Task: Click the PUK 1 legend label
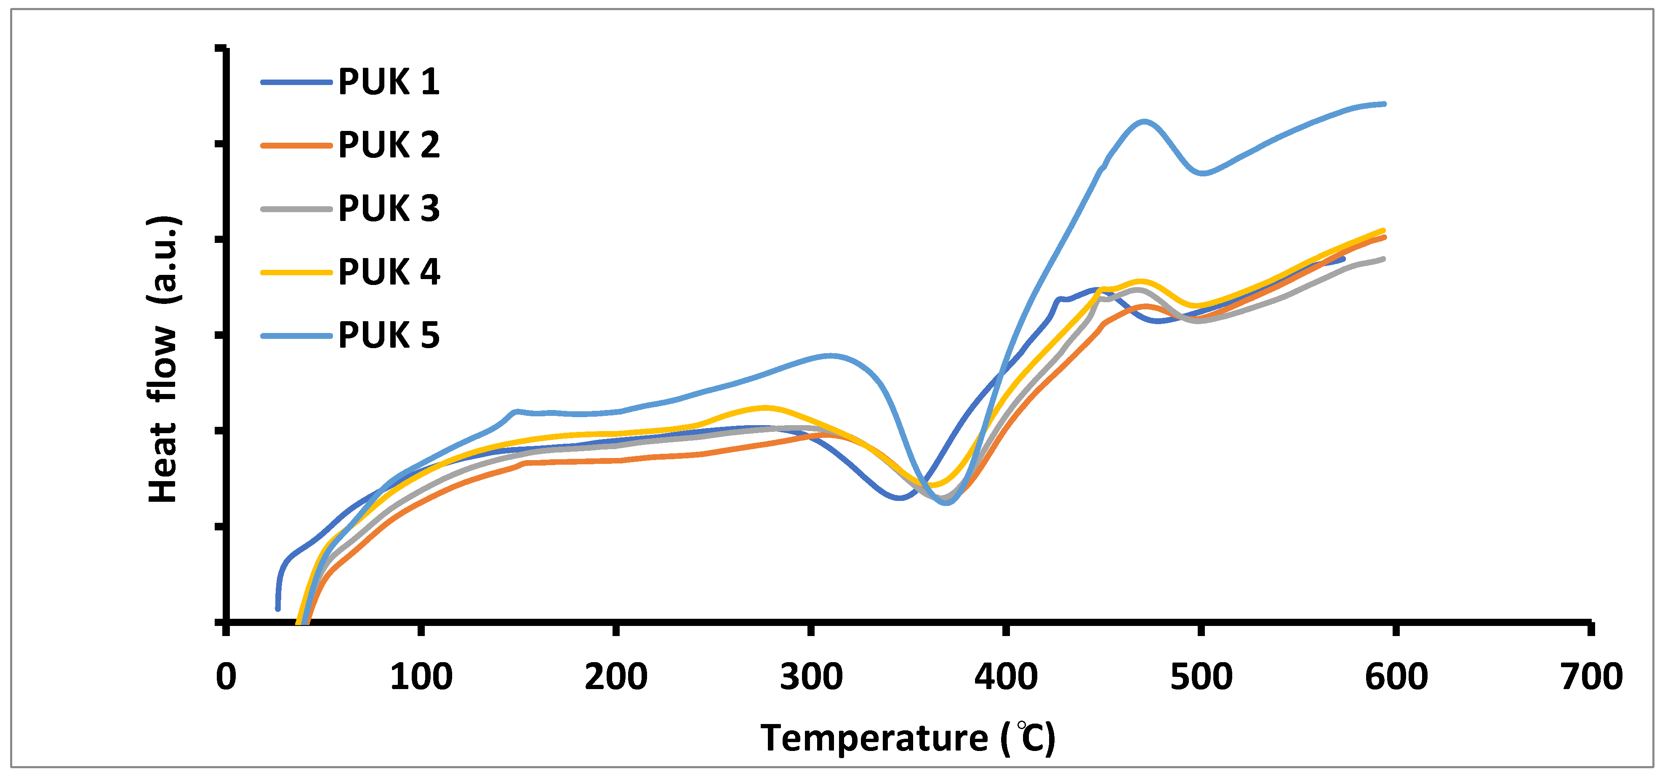(x=389, y=82)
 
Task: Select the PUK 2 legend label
(x=389, y=145)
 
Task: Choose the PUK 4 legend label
(x=389, y=272)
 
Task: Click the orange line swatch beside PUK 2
(x=296, y=145)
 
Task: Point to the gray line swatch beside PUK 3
(x=296, y=209)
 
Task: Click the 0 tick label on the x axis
(x=226, y=676)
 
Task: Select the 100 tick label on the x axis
(x=421, y=676)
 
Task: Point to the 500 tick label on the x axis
(x=1201, y=676)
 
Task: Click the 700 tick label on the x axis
(x=1590, y=676)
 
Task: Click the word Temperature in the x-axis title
(x=874, y=737)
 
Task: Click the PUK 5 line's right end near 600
(x=1384, y=104)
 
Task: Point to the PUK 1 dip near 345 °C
(x=898, y=497)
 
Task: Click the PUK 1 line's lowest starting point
(x=278, y=608)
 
